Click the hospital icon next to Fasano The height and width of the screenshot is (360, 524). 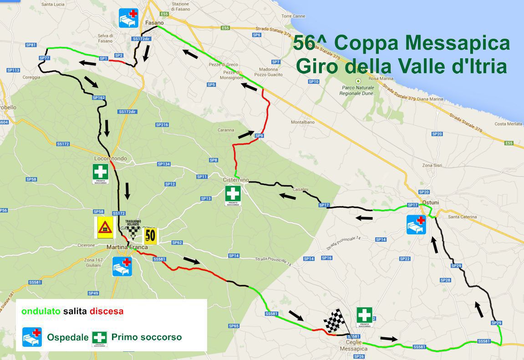pos(128,18)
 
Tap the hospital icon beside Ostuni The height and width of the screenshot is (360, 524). pos(416,225)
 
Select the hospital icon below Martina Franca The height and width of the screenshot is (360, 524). pos(122,267)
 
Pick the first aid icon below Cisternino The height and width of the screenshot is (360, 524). pos(233,196)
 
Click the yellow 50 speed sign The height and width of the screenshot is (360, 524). pos(150,236)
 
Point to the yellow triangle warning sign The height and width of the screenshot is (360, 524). pos(105,227)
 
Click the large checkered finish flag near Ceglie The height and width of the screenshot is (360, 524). pos(336,322)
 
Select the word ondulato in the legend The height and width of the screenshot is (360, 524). pos(41,312)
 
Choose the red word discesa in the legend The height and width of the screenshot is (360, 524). pos(107,312)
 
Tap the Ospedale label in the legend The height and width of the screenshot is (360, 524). pos(68,337)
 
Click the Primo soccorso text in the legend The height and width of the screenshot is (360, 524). pos(146,337)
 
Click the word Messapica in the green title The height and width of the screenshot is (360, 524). pos(457,44)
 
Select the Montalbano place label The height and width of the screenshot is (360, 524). pos(302,122)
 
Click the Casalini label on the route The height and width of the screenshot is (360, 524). pos(301,189)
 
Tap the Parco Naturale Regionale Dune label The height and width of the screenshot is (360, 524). pos(356,90)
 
